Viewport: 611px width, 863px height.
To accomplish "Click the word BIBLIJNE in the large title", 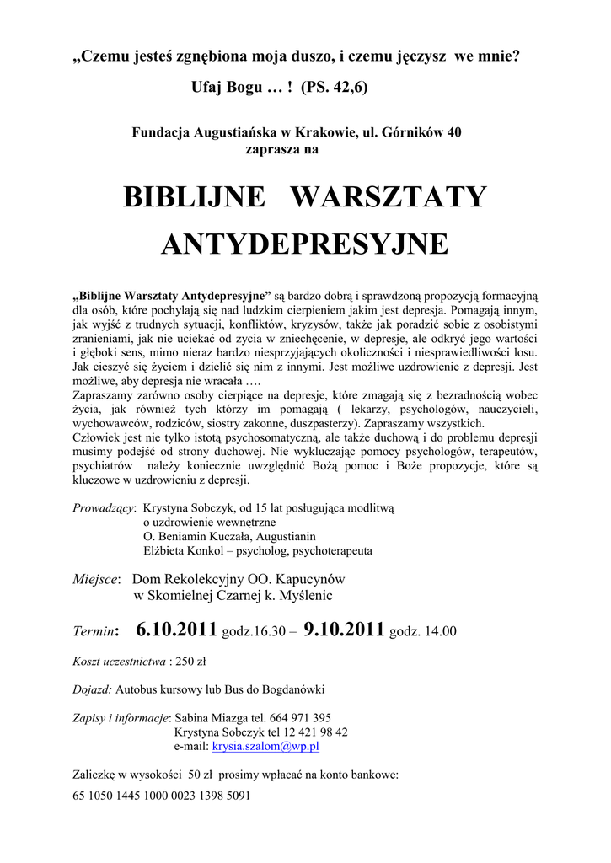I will click(193, 196).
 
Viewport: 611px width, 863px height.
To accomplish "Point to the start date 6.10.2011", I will click(176, 629).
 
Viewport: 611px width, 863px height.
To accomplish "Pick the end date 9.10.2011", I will click(344, 629).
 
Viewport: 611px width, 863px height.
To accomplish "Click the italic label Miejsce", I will click(96, 580).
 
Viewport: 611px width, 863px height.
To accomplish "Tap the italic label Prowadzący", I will click(104, 509).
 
